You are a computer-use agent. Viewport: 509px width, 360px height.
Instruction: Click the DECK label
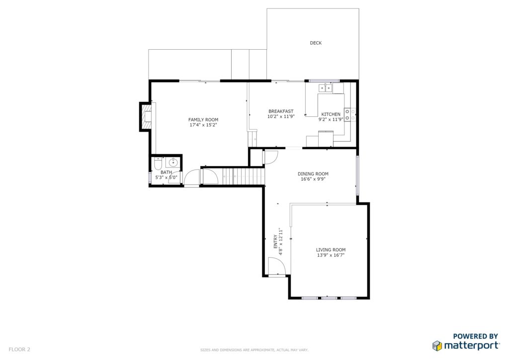(316, 43)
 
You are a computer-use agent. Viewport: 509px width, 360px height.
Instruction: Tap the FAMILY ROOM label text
(203, 120)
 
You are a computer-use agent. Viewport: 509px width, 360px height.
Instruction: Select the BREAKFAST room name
(281, 111)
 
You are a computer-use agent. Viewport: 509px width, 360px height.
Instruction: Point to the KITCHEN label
(331, 114)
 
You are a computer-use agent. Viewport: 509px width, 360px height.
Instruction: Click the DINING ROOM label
(313, 174)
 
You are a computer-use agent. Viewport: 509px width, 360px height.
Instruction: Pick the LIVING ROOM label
(331, 250)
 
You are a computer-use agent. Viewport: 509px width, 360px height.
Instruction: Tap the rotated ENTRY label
(275, 242)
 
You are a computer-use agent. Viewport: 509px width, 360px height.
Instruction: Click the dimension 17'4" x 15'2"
(203, 125)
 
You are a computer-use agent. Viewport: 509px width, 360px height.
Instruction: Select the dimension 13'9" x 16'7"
(331, 255)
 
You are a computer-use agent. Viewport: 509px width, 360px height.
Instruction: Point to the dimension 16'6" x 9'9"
(313, 179)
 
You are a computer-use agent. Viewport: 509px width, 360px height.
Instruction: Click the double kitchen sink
(325, 88)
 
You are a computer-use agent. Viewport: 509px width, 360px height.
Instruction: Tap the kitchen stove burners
(347, 114)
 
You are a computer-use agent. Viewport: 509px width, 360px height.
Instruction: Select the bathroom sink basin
(173, 162)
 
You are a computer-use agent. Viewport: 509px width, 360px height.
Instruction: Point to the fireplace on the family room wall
(146, 116)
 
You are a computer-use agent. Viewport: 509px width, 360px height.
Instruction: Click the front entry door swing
(276, 266)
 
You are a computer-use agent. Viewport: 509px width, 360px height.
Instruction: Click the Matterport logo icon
(437, 346)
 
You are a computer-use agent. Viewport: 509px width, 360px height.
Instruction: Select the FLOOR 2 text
(19, 350)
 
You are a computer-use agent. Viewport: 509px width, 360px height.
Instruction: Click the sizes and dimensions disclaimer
(254, 350)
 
